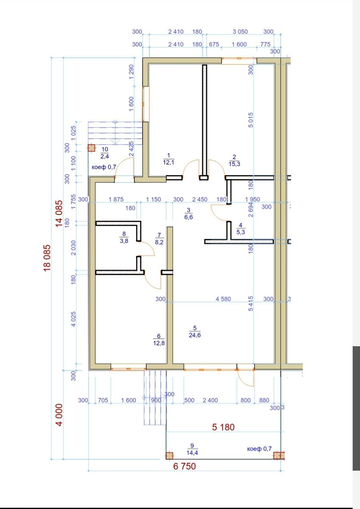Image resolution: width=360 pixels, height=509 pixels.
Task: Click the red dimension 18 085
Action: tap(47, 258)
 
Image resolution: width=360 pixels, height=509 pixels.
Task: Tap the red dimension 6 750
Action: tap(184, 466)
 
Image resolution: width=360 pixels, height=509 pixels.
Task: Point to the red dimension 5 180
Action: tap(223, 427)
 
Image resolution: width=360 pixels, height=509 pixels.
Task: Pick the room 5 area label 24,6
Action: tap(195, 335)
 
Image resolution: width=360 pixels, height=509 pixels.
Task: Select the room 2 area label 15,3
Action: tap(234, 164)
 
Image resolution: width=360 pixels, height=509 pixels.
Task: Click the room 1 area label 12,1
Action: tap(168, 162)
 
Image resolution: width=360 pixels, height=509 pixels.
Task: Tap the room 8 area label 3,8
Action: tap(124, 241)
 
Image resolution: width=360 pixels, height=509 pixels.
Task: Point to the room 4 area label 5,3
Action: tap(241, 232)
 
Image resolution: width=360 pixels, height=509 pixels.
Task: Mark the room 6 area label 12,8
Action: tap(159, 343)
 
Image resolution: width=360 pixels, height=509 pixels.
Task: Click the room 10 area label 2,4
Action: tap(105, 156)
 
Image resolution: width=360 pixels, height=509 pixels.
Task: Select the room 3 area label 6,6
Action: tap(189, 217)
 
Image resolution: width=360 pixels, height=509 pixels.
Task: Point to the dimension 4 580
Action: tap(223, 299)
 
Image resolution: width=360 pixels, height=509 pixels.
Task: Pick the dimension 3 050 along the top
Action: tap(240, 31)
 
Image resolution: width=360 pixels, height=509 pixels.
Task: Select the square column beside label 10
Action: tap(91, 148)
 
